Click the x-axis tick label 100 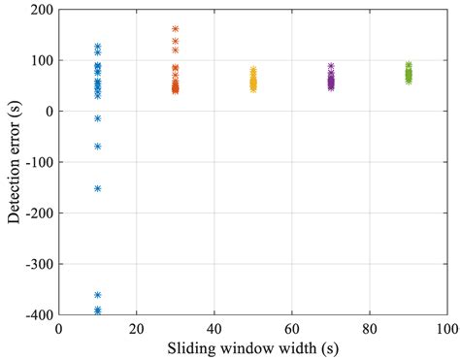(x=447, y=328)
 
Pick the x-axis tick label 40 (x=214, y=328)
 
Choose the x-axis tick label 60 (x=292, y=328)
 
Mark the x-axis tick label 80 (x=370, y=328)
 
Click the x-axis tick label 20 (x=137, y=328)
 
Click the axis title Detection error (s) (x=14, y=162)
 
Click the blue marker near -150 (x=98, y=188)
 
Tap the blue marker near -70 (x=98, y=147)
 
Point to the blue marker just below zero (x=98, y=118)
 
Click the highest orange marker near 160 (x=176, y=29)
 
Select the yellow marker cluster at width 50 (x=253, y=82)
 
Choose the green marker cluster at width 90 (x=409, y=74)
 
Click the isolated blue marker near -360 (x=98, y=294)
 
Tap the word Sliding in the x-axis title (x=192, y=346)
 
